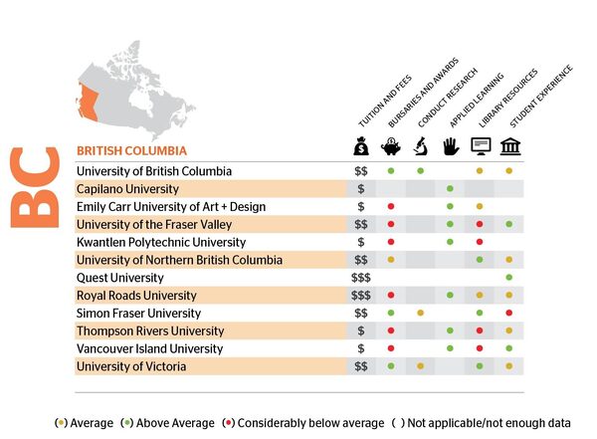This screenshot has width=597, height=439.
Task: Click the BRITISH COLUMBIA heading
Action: (x=132, y=150)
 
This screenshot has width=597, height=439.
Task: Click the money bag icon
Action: (x=361, y=148)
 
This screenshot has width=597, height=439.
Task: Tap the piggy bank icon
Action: (x=391, y=148)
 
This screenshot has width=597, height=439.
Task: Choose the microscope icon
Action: (x=421, y=148)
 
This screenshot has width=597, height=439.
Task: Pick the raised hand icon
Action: (x=451, y=148)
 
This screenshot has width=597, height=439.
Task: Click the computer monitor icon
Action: (x=480, y=148)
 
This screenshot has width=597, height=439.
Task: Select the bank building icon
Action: (x=509, y=148)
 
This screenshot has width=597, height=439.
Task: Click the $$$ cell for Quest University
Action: (x=361, y=278)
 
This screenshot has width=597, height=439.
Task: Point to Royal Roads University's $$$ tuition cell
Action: (x=361, y=296)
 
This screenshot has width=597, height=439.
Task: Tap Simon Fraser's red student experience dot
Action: (x=509, y=313)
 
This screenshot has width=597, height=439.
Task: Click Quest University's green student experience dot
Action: (x=509, y=278)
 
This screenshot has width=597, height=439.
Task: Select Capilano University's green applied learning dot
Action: (x=451, y=188)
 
